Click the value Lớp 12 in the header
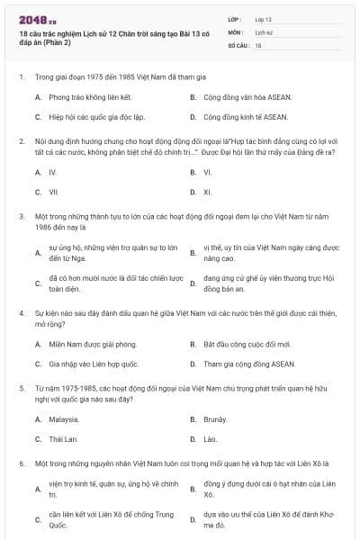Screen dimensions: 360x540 pyautogui.click(x=263, y=18)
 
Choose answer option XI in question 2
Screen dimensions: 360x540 pyautogui.click(x=208, y=192)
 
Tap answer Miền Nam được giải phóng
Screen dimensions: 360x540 pyautogui.click(x=86, y=344)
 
